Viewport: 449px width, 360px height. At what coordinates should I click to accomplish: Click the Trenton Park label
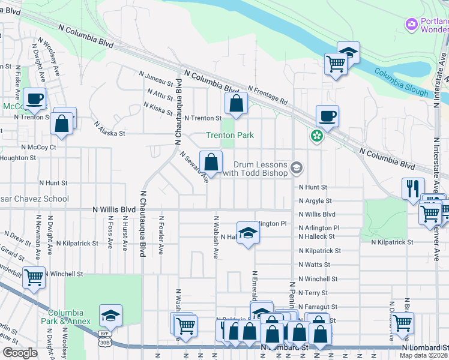point(229,136)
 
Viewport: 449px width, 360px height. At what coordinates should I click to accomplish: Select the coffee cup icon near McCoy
point(34,98)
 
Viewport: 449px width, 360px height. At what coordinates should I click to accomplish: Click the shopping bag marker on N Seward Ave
point(211,161)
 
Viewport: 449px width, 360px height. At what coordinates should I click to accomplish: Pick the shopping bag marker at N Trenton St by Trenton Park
point(237,103)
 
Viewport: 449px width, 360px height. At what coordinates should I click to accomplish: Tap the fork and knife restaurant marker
point(413,188)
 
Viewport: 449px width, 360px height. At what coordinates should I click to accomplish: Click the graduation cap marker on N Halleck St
point(247,232)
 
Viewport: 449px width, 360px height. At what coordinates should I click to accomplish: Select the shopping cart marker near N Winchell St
point(34,277)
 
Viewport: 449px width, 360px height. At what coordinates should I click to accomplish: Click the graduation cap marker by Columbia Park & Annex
point(110,315)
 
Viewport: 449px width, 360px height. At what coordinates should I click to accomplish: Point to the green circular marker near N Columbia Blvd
point(316,137)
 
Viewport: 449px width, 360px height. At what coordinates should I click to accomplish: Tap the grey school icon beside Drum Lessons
point(296,167)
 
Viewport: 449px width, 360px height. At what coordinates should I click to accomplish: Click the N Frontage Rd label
point(267,93)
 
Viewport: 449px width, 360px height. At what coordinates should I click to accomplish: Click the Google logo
point(20,353)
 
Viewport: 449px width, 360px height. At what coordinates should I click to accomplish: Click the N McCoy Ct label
point(38,146)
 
